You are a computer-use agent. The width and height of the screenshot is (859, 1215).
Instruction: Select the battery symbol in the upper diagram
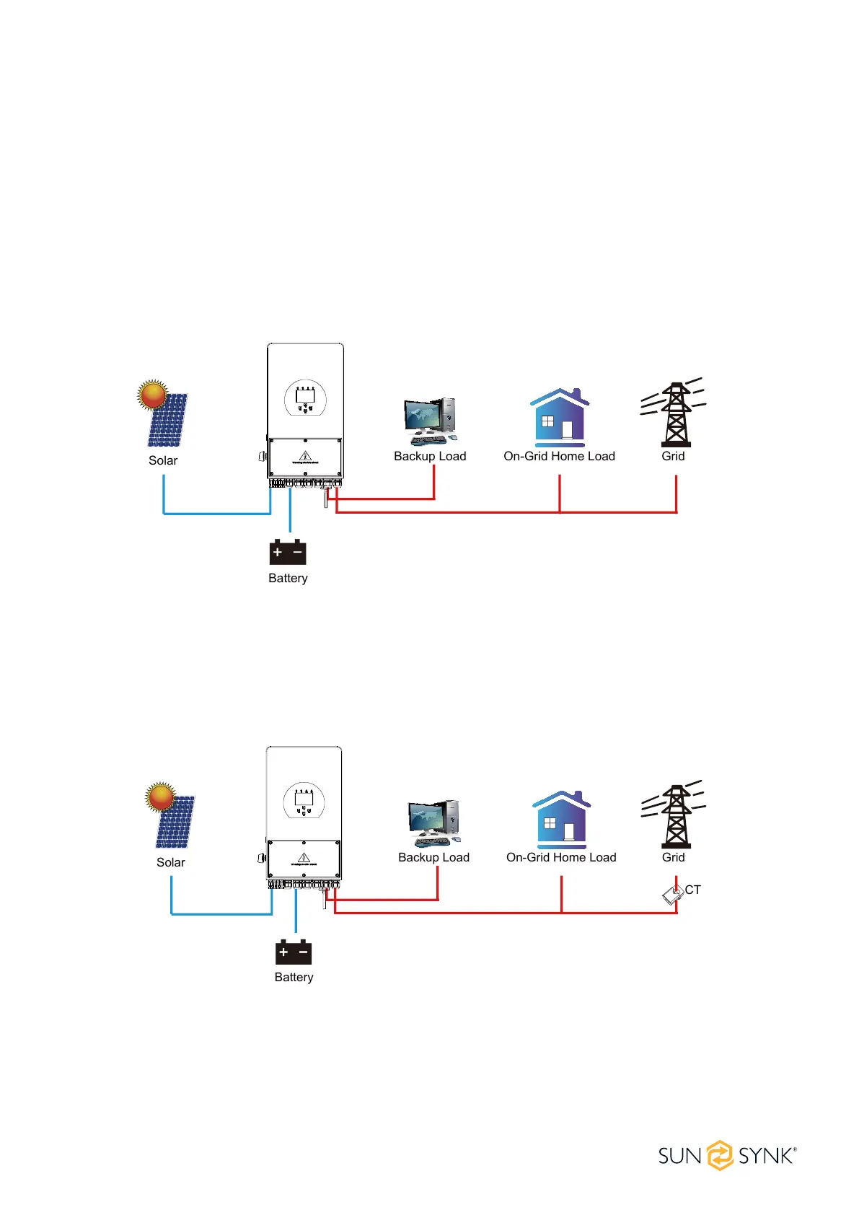(x=288, y=552)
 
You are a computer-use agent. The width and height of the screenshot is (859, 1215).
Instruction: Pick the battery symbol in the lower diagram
(x=294, y=952)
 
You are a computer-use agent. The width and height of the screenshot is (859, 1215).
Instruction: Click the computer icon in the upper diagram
(x=431, y=421)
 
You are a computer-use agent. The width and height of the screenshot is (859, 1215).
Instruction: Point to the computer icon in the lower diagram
(x=433, y=823)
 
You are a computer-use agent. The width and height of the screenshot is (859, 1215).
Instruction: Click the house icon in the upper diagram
(x=560, y=418)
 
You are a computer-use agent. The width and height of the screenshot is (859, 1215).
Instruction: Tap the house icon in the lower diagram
(x=562, y=820)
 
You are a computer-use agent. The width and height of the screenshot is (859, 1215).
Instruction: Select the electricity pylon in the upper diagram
(x=674, y=414)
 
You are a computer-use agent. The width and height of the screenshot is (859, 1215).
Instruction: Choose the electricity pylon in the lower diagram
(x=674, y=815)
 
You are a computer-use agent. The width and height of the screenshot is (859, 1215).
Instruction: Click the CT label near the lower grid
(x=692, y=890)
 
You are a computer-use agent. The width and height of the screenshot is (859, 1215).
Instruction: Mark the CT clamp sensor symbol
(x=672, y=895)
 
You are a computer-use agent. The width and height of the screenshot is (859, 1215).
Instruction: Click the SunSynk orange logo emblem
(x=720, y=1155)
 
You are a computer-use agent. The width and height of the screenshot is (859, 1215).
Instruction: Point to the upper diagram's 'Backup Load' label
(x=430, y=456)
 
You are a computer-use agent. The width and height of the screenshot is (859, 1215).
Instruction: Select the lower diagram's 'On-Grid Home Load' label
(x=561, y=857)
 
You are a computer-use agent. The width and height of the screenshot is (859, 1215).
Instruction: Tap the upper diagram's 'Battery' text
(x=288, y=578)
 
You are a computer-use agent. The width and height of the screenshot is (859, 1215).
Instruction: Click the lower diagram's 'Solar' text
(x=171, y=862)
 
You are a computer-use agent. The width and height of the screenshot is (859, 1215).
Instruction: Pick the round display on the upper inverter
(x=305, y=398)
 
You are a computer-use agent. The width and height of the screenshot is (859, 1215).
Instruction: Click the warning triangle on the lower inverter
(x=304, y=857)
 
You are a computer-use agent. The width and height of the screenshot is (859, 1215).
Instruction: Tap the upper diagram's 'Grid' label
(x=673, y=456)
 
